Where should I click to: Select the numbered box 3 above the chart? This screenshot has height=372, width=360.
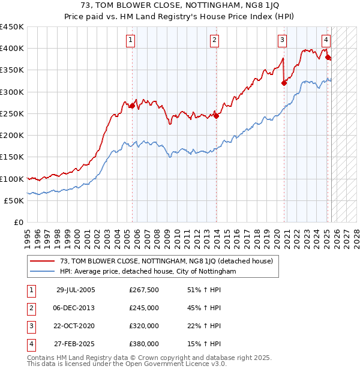tap(282, 40)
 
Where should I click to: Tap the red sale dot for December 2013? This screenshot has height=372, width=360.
tap(215, 116)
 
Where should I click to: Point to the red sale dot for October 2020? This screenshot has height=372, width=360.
tap(284, 83)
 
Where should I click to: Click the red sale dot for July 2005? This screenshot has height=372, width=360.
tap(132, 106)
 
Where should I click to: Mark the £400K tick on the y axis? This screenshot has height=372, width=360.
tap(13, 49)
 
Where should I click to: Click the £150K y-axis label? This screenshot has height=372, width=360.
tap(13, 157)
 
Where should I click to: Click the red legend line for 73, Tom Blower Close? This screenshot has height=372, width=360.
tap(43, 262)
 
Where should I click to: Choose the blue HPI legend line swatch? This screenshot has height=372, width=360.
tap(43, 272)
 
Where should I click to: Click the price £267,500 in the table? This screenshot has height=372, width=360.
tap(144, 290)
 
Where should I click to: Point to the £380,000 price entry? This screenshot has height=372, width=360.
tap(144, 344)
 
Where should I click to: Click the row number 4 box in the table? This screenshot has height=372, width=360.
tap(31, 344)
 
